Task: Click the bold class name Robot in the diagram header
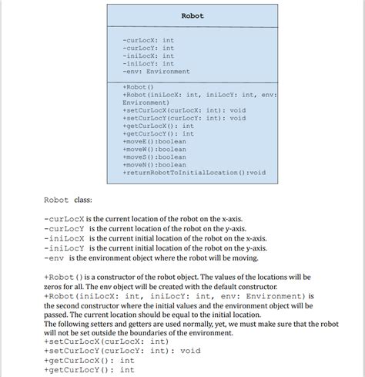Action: pos(193,15)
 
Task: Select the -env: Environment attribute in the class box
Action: pos(156,72)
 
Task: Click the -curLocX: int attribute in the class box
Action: pos(148,39)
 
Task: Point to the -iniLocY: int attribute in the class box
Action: pos(148,63)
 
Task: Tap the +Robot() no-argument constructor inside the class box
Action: pos(139,86)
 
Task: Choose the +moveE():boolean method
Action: pos(154,142)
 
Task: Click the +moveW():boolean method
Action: pos(154,150)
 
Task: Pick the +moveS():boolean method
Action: pos(154,157)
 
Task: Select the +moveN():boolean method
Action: pos(154,165)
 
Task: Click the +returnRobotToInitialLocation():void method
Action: pos(194,173)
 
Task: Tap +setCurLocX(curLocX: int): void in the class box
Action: pos(184,110)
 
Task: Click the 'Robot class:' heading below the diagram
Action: pos(68,200)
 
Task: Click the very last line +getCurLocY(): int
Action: pos(89,370)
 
